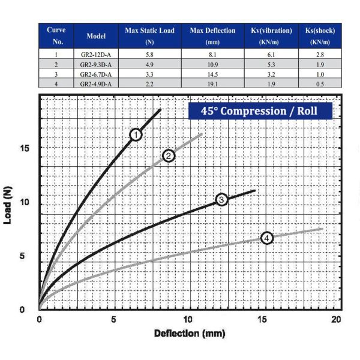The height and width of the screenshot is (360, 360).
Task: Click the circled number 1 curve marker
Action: point(136,134)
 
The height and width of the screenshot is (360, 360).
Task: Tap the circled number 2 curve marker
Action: point(169,156)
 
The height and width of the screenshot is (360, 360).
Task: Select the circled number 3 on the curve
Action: point(221,199)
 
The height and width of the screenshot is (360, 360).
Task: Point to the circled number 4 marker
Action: point(267,238)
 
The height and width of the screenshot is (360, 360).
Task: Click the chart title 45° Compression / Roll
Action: point(260,111)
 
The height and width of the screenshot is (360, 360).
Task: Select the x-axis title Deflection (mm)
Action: point(189,333)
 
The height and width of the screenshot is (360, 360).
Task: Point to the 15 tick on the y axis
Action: point(23,148)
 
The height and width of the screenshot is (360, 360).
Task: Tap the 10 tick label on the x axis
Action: point(188,319)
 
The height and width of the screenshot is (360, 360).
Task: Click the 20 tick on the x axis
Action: point(337,319)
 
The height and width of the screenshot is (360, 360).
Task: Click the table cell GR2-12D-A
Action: point(96,53)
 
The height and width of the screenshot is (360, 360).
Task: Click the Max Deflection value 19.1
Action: point(213,84)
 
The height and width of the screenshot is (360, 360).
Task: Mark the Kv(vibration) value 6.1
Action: point(269,53)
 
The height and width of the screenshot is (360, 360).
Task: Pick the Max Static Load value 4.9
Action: point(149,64)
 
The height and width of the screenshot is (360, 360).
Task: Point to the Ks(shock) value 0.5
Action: point(319,84)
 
